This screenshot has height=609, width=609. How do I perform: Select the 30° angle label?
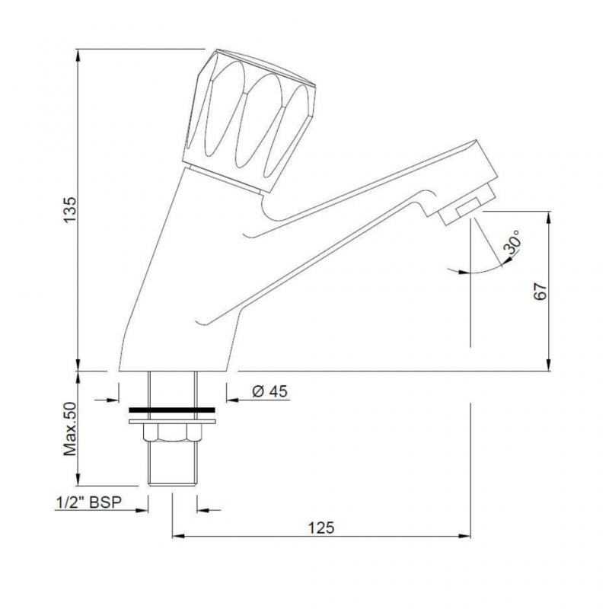[x=511, y=244]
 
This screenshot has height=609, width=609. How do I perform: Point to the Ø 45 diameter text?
[x=268, y=391]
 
